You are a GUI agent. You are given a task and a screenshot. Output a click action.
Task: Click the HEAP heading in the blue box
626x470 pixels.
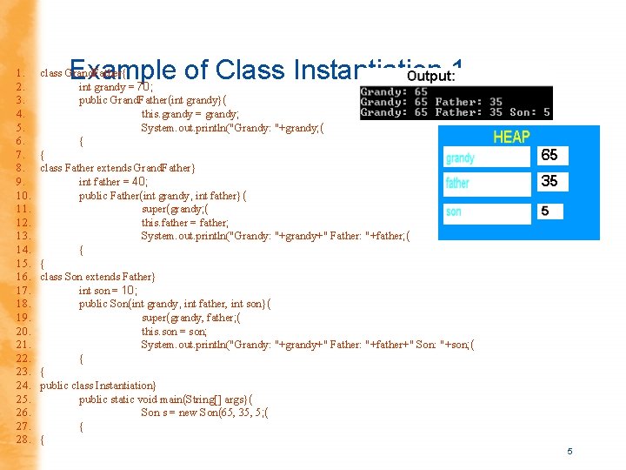coord(511,137)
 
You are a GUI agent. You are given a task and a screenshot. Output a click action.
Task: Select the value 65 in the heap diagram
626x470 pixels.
coord(549,156)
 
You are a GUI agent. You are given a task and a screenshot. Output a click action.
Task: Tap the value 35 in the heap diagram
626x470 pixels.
coord(549,182)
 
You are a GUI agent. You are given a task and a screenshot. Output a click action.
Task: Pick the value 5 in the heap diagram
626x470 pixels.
coord(545,211)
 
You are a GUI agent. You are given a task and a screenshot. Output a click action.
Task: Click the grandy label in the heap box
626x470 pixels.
coord(460,158)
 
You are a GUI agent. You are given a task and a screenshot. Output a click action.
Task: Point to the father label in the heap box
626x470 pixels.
coord(457,183)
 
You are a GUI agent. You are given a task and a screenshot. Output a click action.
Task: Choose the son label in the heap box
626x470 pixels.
coord(453,211)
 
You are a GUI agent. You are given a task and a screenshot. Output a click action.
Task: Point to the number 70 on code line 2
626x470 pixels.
coord(145,87)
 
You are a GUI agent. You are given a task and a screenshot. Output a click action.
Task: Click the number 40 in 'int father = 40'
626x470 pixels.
coord(139,182)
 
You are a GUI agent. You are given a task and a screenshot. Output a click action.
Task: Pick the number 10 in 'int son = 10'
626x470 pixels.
coord(127,291)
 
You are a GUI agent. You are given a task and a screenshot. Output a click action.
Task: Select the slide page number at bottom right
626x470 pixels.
coord(569,451)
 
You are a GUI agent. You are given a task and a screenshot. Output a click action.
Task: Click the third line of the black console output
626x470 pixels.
coord(456,112)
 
